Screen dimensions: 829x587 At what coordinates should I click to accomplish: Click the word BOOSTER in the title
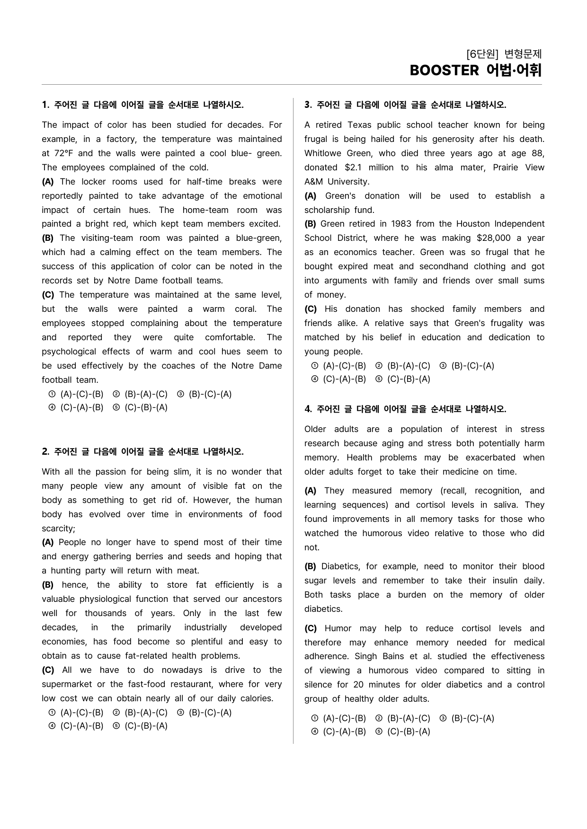click(x=444, y=71)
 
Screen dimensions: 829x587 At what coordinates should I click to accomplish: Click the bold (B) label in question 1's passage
click(x=47, y=238)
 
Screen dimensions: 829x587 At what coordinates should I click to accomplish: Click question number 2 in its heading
click(x=45, y=452)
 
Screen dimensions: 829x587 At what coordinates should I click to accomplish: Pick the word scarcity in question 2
click(x=58, y=529)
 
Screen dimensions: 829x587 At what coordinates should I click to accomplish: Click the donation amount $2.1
click(x=349, y=168)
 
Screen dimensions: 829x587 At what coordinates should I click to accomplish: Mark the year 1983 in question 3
click(x=401, y=224)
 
